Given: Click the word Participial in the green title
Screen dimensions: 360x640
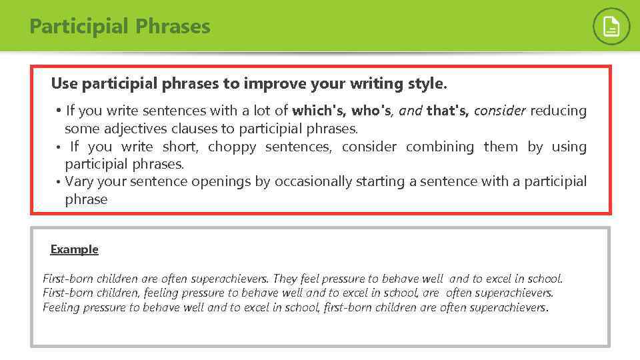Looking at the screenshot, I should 79,27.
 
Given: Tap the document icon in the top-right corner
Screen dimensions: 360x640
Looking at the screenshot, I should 611,27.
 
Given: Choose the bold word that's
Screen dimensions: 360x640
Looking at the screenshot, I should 447,111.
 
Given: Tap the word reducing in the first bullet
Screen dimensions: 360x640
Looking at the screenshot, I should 558,111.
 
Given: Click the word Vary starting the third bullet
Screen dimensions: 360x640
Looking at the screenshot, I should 79,181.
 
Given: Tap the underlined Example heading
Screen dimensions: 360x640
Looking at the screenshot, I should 74,249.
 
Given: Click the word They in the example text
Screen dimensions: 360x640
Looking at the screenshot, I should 285,279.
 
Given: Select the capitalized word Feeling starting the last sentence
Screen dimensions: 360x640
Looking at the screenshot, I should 63,307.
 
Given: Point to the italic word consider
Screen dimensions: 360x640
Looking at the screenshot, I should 499,111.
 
